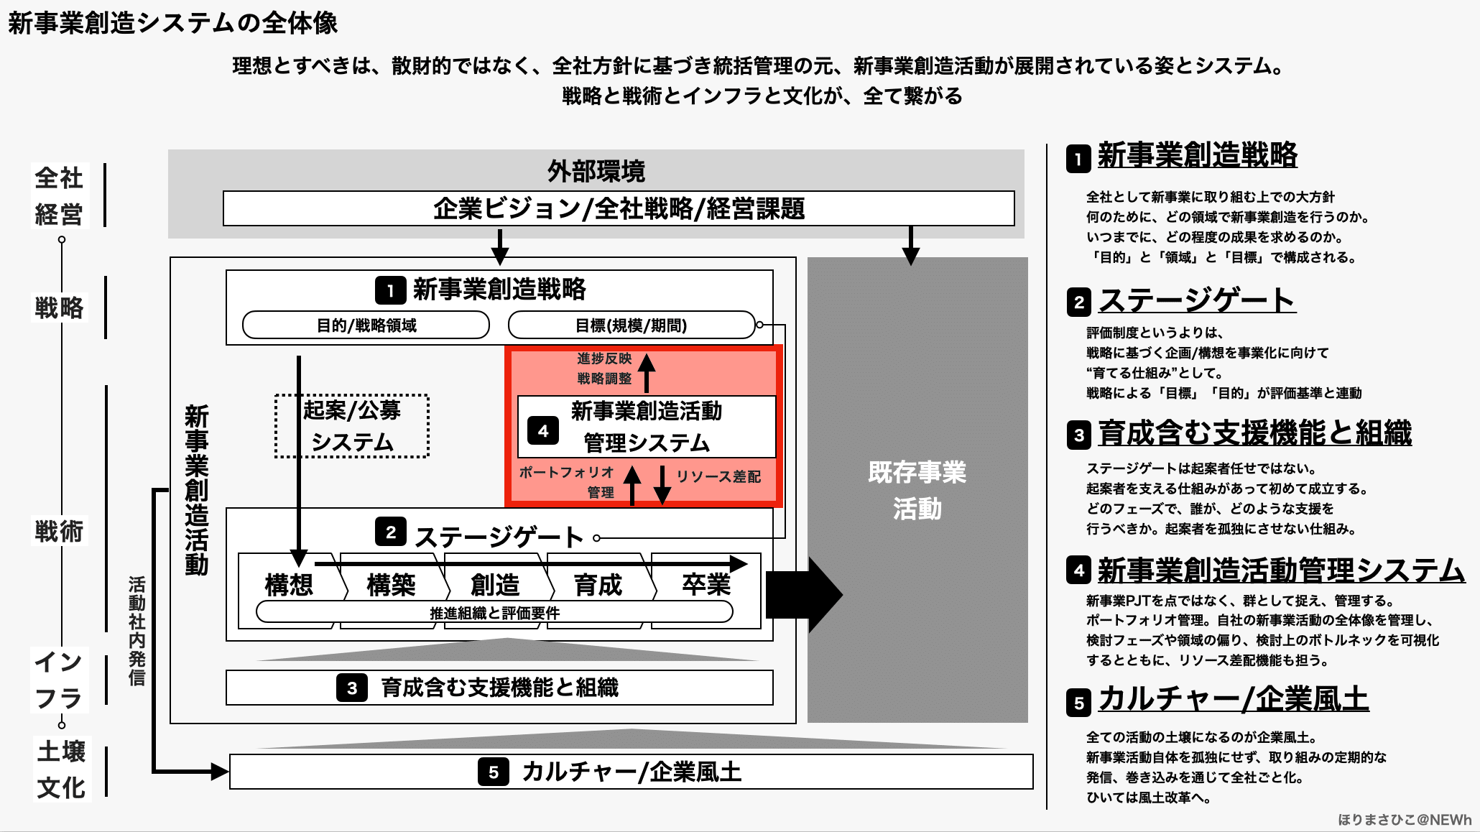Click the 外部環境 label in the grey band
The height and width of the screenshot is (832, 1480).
tap(596, 171)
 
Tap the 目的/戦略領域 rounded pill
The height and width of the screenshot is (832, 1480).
tap(366, 325)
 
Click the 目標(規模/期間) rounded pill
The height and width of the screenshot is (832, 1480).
tap(631, 325)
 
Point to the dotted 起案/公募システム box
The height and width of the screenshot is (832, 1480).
tap(351, 426)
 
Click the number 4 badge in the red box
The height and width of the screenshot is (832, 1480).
tap(543, 431)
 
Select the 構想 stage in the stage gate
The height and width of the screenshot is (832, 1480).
tap(289, 584)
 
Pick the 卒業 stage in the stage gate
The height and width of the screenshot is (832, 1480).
tap(706, 584)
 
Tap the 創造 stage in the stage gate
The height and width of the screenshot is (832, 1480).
tap(495, 584)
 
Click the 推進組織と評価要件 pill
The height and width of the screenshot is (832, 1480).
tap(494, 613)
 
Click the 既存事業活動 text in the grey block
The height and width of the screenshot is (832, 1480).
tap(917, 490)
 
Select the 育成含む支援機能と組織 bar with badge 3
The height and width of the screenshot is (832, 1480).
tap(499, 688)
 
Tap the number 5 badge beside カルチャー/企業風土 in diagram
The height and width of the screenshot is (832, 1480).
tap(494, 772)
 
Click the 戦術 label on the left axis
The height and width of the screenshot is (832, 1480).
tap(60, 532)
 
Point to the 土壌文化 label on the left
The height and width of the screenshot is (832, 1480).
tap(62, 769)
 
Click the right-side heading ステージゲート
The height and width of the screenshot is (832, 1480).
tap(1196, 300)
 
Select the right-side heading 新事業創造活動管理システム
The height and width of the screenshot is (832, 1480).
tap(1281, 570)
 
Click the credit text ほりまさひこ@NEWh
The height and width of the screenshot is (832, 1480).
tap(1404, 820)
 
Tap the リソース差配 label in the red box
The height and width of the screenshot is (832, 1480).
tap(718, 476)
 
